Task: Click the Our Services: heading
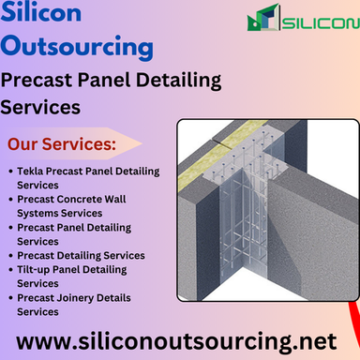click(62, 145)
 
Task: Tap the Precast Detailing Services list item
click(81, 255)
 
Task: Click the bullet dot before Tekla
click(9, 172)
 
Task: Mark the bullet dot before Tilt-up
click(9, 269)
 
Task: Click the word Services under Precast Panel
click(40, 108)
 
